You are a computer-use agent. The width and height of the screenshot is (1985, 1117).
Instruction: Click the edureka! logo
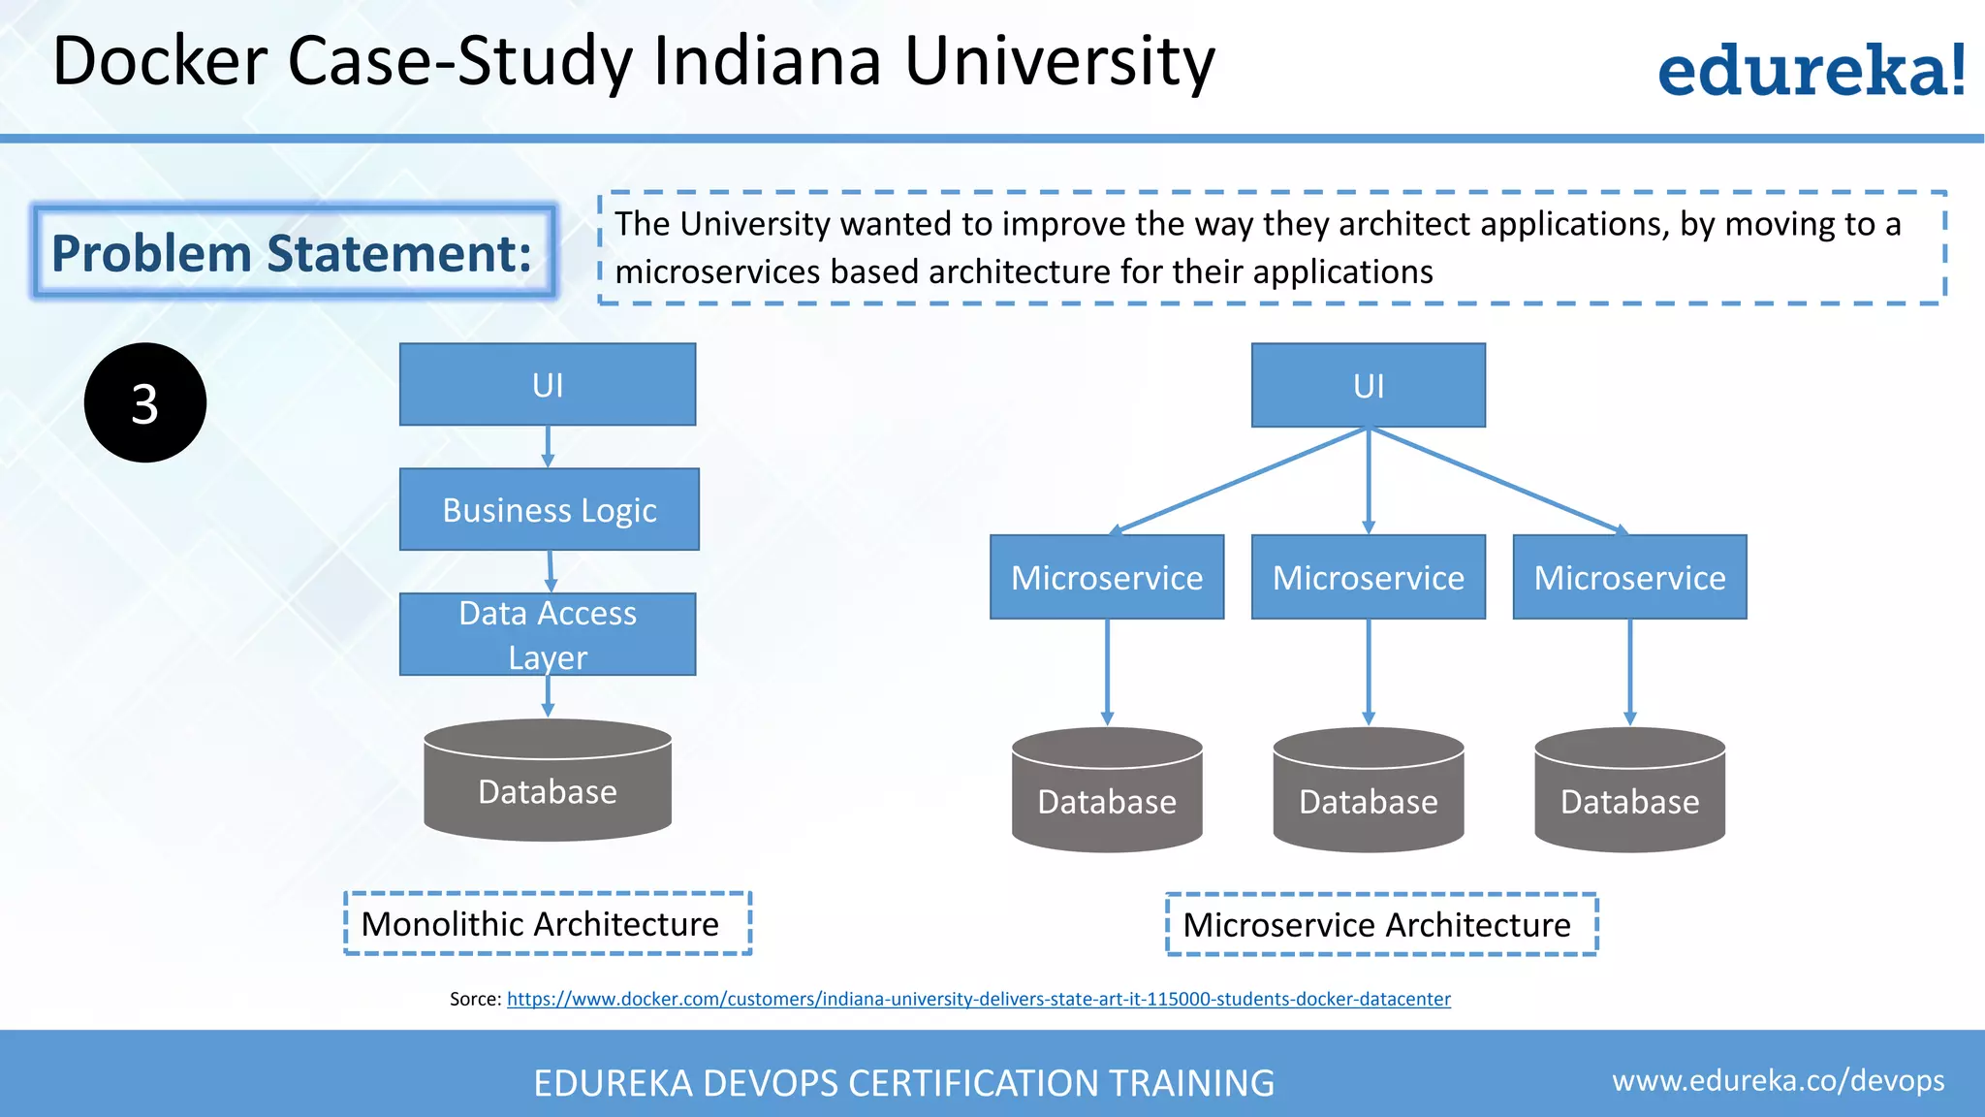pyautogui.click(x=1811, y=70)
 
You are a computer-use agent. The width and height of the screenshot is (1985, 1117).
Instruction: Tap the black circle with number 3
pyautogui.click(x=145, y=402)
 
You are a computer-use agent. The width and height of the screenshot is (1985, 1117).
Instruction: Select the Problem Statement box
pyautogui.click(x=294, y=252)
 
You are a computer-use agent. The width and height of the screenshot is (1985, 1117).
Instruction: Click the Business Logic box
pyautogui.click(x=549, y=510)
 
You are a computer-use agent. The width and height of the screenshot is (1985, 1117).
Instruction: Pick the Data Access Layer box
pyautogui.click(x=548, y=634)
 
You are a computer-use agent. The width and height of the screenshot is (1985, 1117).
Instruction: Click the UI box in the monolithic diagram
pyautogui.click(x=548, y=385)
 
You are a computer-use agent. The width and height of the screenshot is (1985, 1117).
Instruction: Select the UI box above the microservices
pyautogui.click(x=1368, y=386)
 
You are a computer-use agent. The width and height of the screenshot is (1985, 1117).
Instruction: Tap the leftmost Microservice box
pyautogui.click(x=1107, y=578)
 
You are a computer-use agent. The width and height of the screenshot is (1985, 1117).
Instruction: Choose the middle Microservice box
pyautogui.click(x=1368, y=578)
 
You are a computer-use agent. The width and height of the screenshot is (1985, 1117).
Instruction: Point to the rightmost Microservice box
pyautogui.click(x=1629, y=578)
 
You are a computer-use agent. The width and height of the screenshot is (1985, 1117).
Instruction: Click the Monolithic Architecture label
pyautogui.click(x=548, y=924)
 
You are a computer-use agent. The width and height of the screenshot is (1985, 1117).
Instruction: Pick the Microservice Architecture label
pyautogui.click(x=1381, y=925)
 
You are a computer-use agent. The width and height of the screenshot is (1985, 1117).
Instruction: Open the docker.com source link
pyautogui.click(x=978, y=999)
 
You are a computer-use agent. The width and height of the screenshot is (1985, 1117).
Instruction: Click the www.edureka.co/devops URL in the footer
pyautogui.click(x=1778, y=1080)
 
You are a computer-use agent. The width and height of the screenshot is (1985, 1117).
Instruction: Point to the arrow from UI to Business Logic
pyautogui.click(x=548, y=447)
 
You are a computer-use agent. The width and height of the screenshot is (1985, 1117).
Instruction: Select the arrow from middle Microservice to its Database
pyautogui.click(x=1368, y=672)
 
